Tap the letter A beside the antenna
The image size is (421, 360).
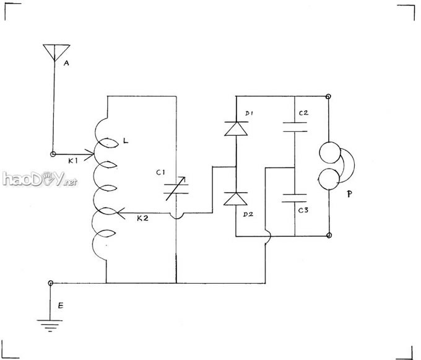[66, 62]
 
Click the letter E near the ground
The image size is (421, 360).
[59, 305]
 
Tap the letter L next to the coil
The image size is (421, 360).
[126, 143]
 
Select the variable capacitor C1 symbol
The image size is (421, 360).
[176, 188]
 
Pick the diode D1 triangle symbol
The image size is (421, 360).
[236, 128]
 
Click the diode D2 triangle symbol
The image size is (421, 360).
[236, 199]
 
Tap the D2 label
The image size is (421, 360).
[248, 214]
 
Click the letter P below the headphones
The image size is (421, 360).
[350, 195]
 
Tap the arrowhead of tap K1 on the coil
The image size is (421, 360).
[91, 154]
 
